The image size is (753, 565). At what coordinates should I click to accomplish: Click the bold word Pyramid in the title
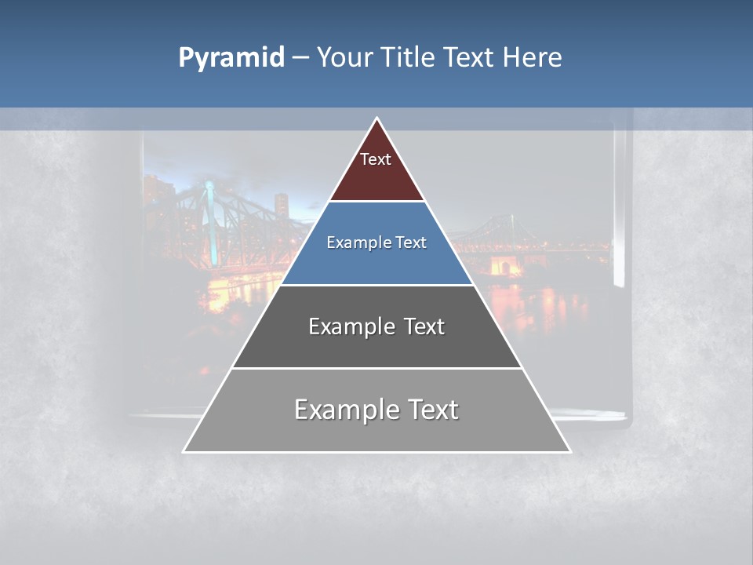point(231,58)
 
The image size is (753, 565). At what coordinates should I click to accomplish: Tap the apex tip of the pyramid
point(376,120)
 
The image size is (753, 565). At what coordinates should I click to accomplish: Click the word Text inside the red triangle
point(376,159)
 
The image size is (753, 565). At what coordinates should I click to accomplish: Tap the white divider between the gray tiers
point(376,368)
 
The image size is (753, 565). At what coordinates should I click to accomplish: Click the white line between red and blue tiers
point(376,202)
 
